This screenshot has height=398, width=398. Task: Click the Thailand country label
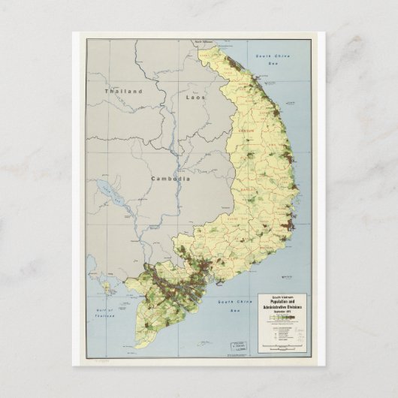coord(123,91)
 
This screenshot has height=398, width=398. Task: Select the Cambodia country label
coord(170,179)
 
